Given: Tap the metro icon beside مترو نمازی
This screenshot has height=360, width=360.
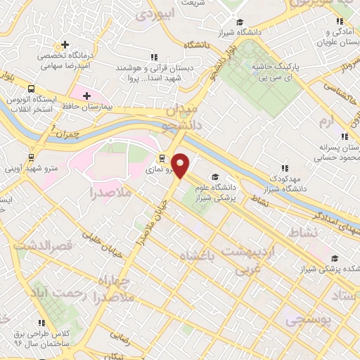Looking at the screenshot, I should [162, 158].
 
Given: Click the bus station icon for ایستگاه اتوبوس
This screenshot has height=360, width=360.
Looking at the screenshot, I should [31, 89].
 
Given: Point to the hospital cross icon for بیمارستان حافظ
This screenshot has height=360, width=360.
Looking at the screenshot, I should [86, 96].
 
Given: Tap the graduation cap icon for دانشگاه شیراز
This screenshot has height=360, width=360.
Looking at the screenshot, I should [239, 21].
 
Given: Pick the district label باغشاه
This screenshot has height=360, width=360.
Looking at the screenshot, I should [196, 255].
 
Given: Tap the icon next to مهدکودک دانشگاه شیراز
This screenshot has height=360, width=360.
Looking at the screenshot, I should [285, 168].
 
